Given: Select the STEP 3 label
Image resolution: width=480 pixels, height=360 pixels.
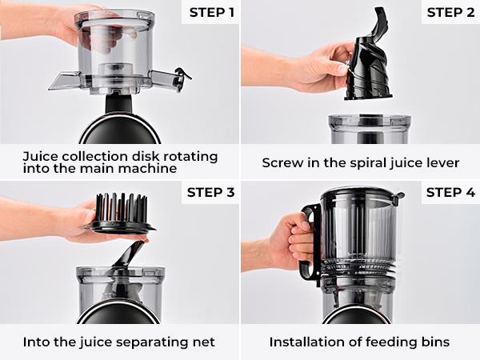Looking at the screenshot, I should point(209,192).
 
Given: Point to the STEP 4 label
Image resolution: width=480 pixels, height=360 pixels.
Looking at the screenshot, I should point(450,192).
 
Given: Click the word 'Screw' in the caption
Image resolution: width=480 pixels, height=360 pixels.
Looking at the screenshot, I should point(282,162).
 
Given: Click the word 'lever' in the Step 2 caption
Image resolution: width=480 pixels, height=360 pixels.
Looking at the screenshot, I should point(442,162).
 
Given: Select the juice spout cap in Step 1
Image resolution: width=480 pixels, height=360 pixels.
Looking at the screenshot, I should point(183,77).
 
